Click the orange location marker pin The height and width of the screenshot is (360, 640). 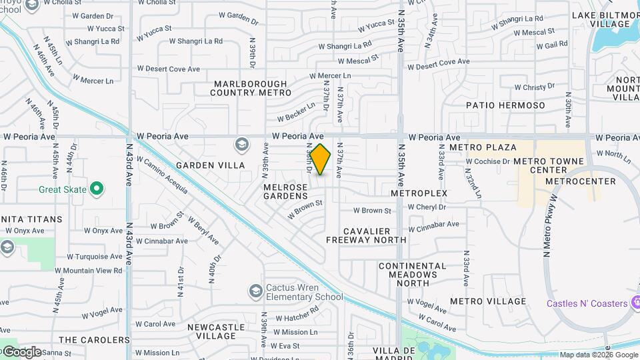[321, 160]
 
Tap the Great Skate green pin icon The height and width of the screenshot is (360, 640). [97, 189]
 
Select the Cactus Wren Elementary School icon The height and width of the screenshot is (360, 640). [255, 291]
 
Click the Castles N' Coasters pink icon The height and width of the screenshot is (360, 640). [635, 303]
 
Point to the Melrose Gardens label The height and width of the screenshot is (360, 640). [285, 192]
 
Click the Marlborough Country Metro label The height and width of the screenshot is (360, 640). [250, 88]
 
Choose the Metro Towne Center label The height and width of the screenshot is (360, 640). [549, 166]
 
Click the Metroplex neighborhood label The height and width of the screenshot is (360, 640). [419, 193]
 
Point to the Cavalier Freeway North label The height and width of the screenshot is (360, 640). [366, 235]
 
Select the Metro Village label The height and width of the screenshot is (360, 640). [487, 301]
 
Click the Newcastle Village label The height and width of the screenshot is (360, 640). [215, 332]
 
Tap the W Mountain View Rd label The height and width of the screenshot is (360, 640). [89, 271]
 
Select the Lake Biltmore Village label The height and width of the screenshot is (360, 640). [601, 19]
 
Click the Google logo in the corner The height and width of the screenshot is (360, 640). [21, 351]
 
